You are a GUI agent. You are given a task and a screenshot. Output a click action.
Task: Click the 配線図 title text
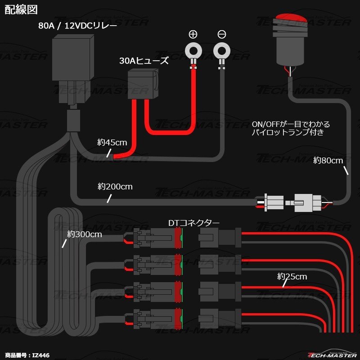21,9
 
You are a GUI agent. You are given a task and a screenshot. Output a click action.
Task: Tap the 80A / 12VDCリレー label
77,26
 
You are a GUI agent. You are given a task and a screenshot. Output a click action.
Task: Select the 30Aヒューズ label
144,61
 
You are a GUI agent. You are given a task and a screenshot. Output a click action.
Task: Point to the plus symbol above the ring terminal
193,34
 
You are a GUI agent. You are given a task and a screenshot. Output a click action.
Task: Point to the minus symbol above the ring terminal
221,34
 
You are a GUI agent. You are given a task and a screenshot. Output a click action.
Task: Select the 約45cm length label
112,143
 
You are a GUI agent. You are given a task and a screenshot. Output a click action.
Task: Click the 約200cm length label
115,186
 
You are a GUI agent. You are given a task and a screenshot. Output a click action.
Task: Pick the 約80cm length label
328,160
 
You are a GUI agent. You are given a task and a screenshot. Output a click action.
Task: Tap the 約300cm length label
85,234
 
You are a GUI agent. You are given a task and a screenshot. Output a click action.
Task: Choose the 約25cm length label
292,276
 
